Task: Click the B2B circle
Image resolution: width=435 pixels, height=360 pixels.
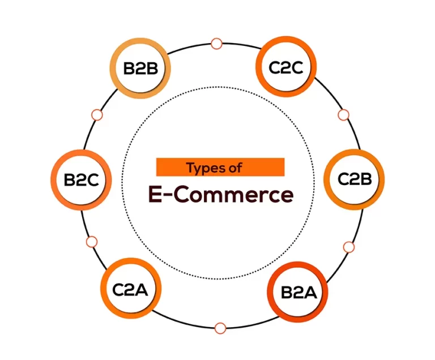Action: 140,68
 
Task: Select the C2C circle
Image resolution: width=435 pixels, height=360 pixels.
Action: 287,67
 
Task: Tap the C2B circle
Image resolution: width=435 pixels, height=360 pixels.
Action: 354,180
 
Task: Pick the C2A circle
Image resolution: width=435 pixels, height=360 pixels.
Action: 130,290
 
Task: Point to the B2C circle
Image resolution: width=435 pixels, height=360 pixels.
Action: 81,180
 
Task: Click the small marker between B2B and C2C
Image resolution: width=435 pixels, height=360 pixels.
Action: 216,43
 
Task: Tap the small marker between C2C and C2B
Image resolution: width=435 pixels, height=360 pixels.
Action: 343,115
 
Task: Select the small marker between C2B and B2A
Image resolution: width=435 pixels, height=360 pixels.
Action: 348,247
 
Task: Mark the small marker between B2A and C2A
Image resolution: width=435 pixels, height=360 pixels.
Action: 220,327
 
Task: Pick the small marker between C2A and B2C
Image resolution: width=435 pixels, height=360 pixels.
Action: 92,242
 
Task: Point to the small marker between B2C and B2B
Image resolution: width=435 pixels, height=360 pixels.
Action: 96,115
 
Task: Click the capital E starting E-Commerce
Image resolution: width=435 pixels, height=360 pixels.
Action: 155,195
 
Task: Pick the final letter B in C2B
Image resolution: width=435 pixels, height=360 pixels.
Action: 366,180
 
